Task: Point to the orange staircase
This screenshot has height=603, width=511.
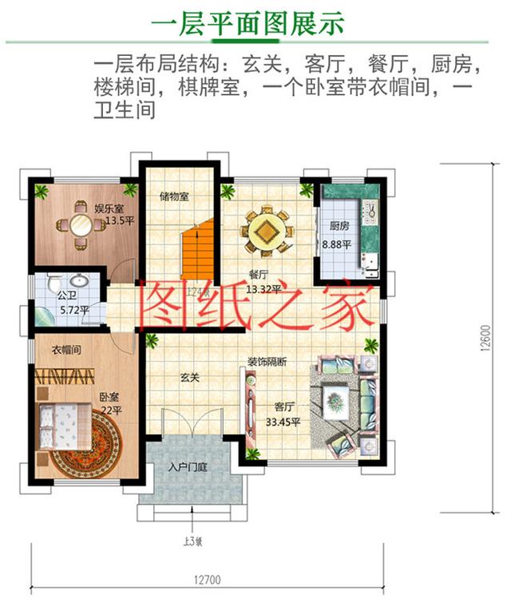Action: [196, 251]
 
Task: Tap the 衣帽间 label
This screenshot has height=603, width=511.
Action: [67, 350]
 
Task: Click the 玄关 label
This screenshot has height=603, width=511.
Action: [189, 377]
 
